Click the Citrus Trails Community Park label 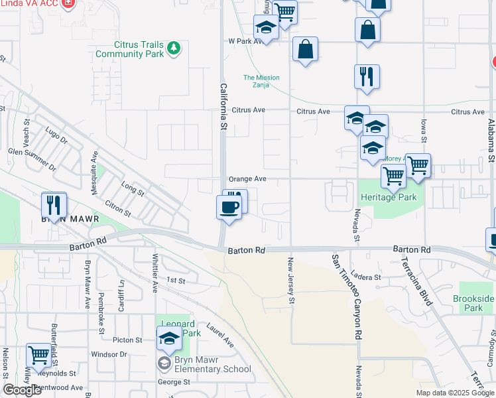point(129,49)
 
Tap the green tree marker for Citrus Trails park point(174,47)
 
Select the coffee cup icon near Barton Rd point(229,207)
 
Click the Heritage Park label point(387,197)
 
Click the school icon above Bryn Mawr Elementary point(169,339)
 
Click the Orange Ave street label point(247,179)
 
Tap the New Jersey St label point(290,282)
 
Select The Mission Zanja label point(261,81)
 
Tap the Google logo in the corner point(21,390)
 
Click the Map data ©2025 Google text point(454,393)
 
